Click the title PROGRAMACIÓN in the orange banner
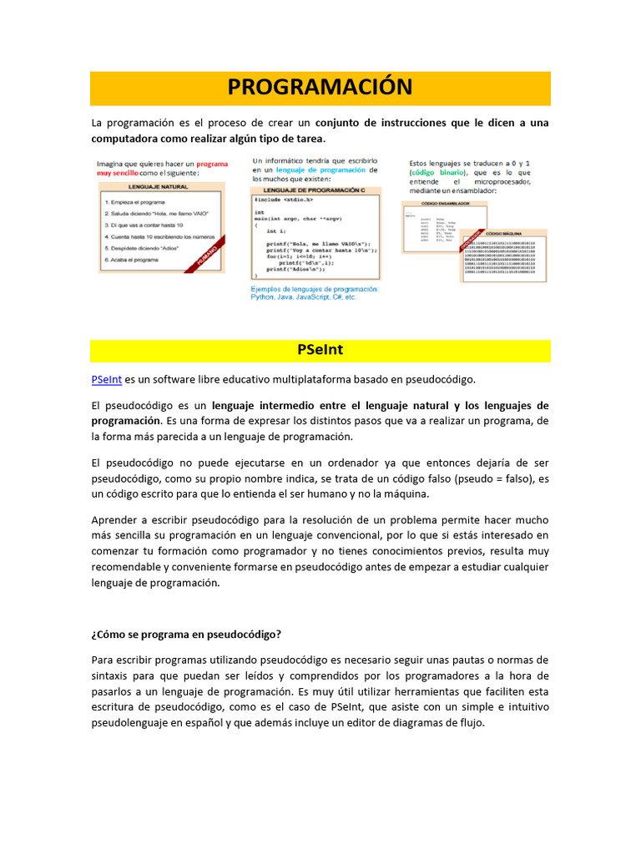[x=320, y=87]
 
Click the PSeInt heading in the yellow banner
[x=320, y=350]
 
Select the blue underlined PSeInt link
[x=106, y=379]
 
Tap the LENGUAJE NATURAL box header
[x=158, y=188]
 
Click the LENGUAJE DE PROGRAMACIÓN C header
[x=315, y=191]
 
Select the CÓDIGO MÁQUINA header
[x=504, y=235]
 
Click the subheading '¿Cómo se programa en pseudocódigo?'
[x=185, y=635]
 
